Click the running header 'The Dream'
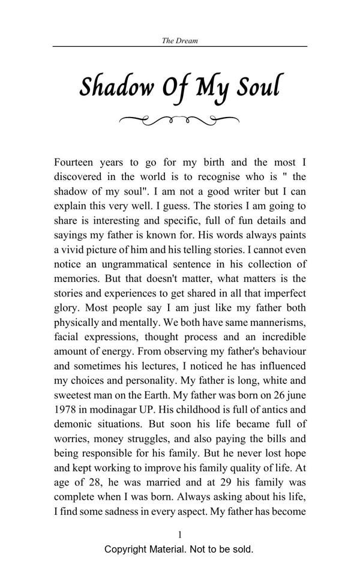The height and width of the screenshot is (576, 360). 180,41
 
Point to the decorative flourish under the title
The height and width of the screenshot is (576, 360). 180,121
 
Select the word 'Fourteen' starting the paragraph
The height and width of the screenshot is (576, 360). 74,162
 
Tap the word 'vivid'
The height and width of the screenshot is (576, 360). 75,250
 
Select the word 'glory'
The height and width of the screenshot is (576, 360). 67,308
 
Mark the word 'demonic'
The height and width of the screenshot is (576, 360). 74,424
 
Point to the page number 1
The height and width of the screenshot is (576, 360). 180,534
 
